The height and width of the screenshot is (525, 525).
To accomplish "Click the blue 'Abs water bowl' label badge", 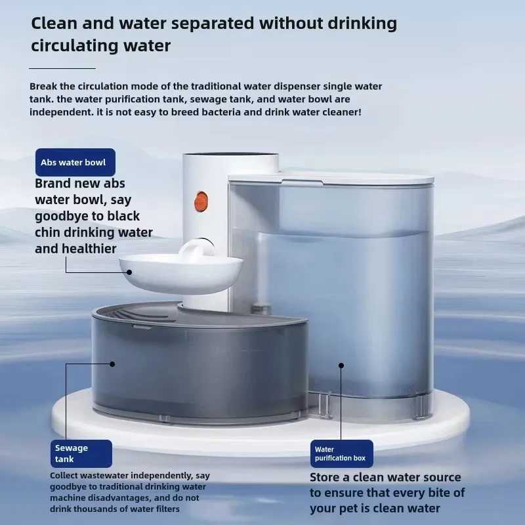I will (x=75, y=162).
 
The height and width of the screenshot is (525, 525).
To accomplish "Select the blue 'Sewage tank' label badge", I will (x=82, y=453).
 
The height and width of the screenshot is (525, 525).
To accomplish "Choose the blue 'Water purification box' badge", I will (x=341, y=453).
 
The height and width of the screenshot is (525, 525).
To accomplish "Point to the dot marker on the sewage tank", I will (x=112, y=364).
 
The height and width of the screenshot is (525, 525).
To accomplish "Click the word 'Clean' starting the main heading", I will (x=55, y=24).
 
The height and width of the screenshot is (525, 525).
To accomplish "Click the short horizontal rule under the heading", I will (x=63, y=68).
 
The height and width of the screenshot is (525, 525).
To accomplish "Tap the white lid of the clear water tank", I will (x=331, y=178).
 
